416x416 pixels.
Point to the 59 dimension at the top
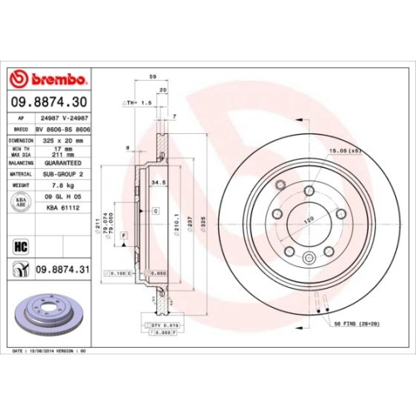(x=152, y=77)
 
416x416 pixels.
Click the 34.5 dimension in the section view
(x=155, y=181)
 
